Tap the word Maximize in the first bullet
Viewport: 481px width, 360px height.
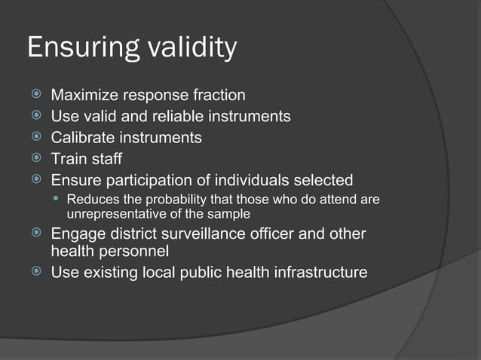84,95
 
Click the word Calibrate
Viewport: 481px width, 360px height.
82,138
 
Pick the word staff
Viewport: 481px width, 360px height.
106,159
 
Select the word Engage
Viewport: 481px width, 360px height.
77,234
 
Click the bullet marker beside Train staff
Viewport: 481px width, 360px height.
35,160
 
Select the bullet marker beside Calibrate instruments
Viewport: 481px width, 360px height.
35,139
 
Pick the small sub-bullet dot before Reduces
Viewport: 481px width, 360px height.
58,200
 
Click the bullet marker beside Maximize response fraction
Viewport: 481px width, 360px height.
35,96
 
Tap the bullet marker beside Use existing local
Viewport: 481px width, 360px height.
35,273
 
